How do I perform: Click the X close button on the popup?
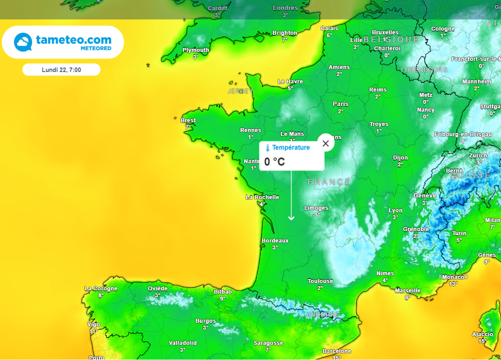tap(326, 143)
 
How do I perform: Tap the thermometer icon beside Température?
tap(268, 148)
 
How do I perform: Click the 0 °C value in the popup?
tap(274, 161)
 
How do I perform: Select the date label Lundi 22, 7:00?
tap(62, 69)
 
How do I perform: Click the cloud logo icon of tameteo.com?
tap(23, 42)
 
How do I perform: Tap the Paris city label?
tap(341, 104)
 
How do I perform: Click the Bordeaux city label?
tap(275, 241)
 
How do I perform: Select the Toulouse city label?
tap(320, 281)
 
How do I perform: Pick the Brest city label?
tap(188, 120)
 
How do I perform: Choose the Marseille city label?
tap(408, 291)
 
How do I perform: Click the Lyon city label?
tap(395, 210)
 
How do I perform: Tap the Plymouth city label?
tap(196, 50)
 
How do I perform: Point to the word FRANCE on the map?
tap(329, 182)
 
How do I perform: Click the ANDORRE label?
tap(322, 314)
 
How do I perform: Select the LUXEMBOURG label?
tap(424, 70)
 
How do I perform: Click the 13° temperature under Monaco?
tap(453, 284)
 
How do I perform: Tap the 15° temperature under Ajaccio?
tap(482, 341)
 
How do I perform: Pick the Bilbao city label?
tap(223, 292)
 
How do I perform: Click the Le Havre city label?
tap(290, 82)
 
